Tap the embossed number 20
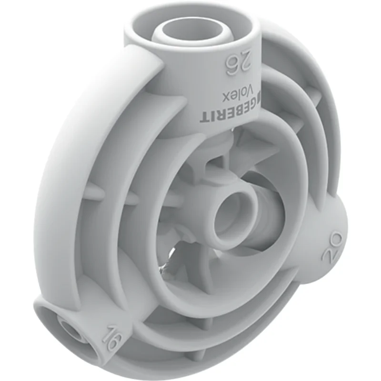(332, 247)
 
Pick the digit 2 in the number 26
(244, 64)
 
